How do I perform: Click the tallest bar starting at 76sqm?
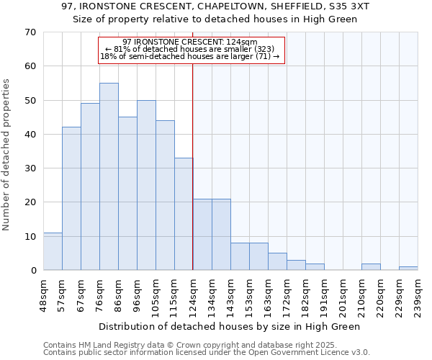pyautogui.click(x=109, y=176)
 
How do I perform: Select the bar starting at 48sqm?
pyautogui.click(x=53, y=251)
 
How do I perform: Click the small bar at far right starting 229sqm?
pyautogui.click(x=408, y=269)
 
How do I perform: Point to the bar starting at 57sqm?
pyautogui.click(x=71, y=199)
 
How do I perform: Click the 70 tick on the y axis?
pyautogui.click(x=30, y=32)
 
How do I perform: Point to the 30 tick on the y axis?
pyautogui.click(x=30, y=168)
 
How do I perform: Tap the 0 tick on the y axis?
pyautogui.click(x=32, y=271)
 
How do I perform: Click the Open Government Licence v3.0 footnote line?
pyautogui.click(x=207, y=353)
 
